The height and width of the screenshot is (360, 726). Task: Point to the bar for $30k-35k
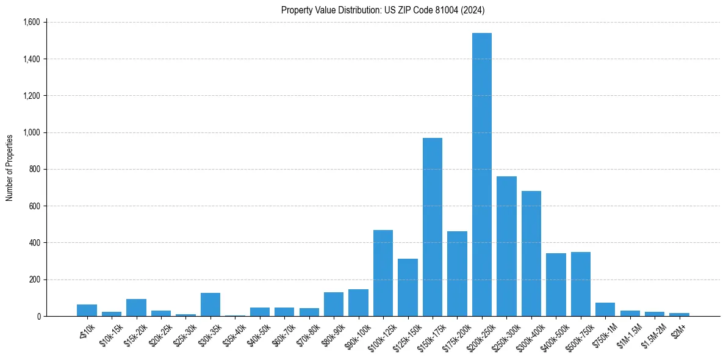tap(210, 304)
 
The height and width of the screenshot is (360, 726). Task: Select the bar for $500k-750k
tap(581, 284)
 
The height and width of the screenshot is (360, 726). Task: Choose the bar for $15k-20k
tap(136, 308)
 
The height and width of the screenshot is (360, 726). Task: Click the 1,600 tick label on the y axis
tap(31, 23)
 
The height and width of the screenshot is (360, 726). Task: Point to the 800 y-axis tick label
tap(34, 170)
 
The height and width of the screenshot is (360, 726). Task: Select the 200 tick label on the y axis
tap(34, 279)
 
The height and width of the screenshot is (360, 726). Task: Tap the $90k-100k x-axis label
tap(357, 334)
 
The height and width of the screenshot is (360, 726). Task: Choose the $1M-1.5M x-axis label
tap(628, 334)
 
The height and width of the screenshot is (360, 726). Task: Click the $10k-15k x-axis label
tap(110, 334)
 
